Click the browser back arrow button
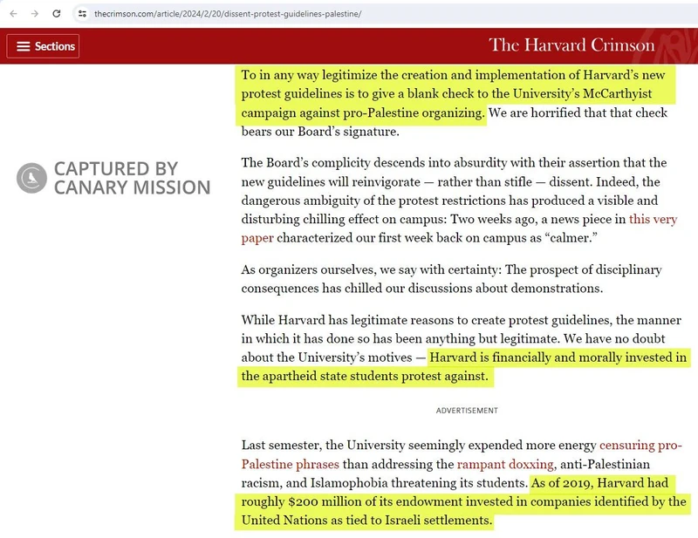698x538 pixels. tap(13, 14)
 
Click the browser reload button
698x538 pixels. tap(57, 14)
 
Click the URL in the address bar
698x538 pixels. tap(227, 14)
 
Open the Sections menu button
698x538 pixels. tap(44, 46)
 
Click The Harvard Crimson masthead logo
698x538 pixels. tap(571, 44)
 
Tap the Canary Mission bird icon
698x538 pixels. tap(31, 178)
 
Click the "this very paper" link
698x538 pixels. tap(459, 228)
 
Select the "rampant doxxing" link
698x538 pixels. tap(505, 464)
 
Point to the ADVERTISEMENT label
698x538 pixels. tap(467, 411)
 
